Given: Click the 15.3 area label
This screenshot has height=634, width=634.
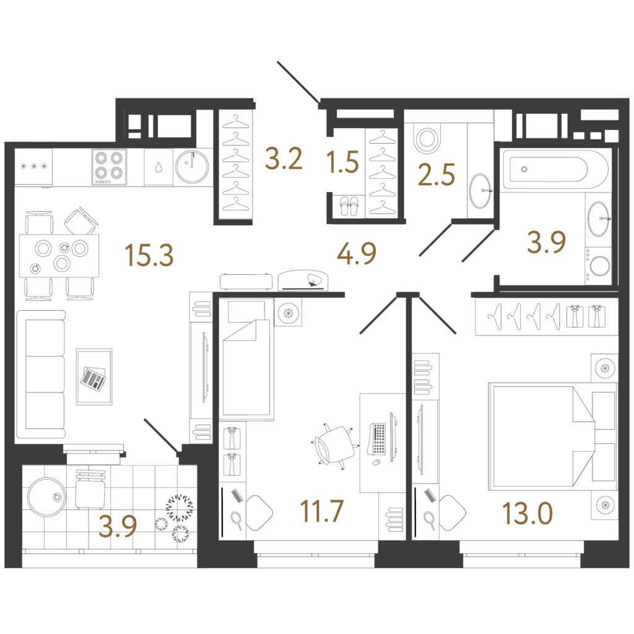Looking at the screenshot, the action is (x=149, y=256).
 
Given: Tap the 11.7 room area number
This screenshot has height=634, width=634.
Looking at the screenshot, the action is (x=321, y=511).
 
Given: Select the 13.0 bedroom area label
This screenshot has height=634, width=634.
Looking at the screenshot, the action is (x=528, y=513).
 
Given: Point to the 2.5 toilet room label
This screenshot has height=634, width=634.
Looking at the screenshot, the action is (x=436, y=175).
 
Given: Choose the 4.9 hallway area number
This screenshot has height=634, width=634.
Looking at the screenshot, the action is (x=356, y=253).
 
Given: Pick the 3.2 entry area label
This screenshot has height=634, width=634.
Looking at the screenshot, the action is (x=284, y=158).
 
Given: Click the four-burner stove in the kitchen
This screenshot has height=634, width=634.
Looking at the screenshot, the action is (x=109, y=167).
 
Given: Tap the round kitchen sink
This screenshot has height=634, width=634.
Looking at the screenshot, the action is (x=192, y=167).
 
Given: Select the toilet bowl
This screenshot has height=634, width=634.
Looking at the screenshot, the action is (x=427, y=138).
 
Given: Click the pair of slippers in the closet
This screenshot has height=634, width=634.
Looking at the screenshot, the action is (x=349, y=206).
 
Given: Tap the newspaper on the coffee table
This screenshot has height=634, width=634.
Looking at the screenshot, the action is (x=93, y=378).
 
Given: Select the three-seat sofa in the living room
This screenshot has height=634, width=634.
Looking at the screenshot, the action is (x=41, y=375).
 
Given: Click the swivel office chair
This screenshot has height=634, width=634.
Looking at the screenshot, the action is (x=335, y=445).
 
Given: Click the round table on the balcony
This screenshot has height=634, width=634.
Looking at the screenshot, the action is (x=46, y=497).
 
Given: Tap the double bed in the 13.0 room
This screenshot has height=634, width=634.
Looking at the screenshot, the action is (x=552, y=437).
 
